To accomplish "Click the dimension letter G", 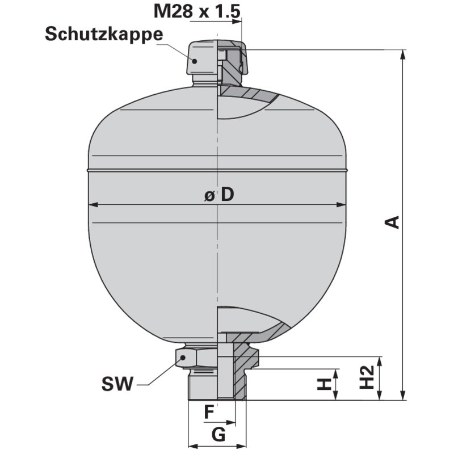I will click(x=217, y=435).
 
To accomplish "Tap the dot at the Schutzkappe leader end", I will click(x=194, y=60).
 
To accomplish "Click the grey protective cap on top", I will click(x=201, y=60).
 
